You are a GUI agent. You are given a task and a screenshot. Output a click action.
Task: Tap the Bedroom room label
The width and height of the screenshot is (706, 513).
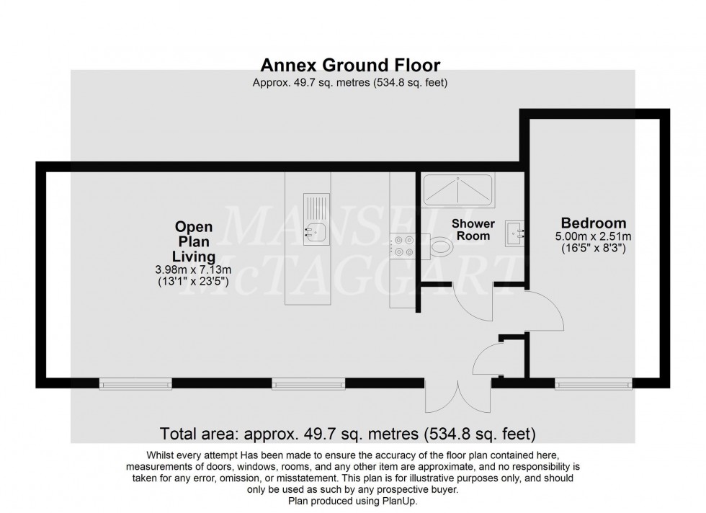click(x=594, y=223)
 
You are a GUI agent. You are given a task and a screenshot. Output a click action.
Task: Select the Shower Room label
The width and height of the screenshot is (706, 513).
click(x=471, y=230)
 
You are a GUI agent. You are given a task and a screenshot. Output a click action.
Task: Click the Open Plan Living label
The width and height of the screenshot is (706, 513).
click(x=194, y=241)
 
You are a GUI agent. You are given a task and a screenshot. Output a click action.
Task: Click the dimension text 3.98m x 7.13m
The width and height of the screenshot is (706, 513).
click(x=194, y=270)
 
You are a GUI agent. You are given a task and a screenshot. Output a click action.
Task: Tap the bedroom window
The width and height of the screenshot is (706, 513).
click(x=593, y=385)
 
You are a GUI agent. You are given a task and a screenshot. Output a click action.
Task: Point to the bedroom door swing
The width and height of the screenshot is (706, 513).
click(x=544, y=311)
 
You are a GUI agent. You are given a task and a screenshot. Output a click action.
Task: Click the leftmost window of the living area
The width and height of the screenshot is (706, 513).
click(x=135, y=385)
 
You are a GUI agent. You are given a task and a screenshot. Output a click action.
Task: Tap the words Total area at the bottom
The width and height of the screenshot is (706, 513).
click(x=199, y=434)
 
